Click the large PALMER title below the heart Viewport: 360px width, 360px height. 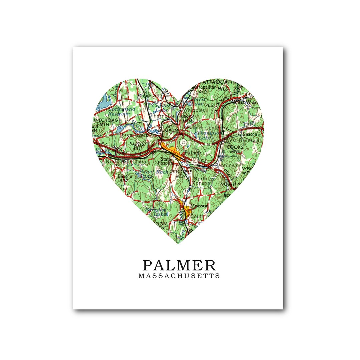[x=179, y=265]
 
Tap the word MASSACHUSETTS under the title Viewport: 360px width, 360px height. [x=179, y=276]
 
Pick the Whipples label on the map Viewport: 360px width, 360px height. [x=194, y=110]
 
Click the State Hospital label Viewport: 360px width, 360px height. [x=165, y=161]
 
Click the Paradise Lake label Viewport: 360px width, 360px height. [x=156, y=212]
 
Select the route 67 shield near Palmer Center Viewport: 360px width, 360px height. [x=218, y=121]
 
